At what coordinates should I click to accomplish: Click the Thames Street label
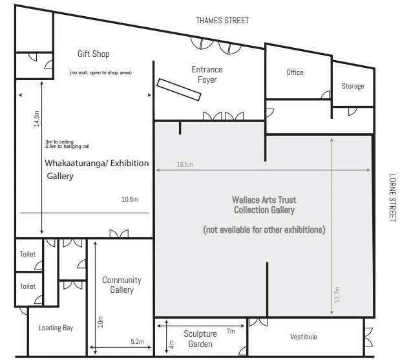click(x=222, y=21)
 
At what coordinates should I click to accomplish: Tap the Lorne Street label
click(x=392, y=198)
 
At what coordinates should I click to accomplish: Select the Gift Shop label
click(x=94, y=54)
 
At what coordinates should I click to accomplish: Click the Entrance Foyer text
click(x=207, y=74)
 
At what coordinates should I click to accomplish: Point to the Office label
click(x=295, y=72)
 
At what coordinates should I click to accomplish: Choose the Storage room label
click(x=353, y=86)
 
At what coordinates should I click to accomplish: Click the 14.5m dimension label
click(x=36, y=119)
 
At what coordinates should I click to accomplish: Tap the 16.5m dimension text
click(x=185, y=164)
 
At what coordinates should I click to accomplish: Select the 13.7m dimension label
click(x=337, y=295)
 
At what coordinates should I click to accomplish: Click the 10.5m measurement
click(x=130, y=199)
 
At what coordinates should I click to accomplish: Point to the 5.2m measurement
click(x=138, y=341)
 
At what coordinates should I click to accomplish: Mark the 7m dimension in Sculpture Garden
click(x=231, y=331)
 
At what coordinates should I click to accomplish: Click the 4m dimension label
click(x=171, y=344)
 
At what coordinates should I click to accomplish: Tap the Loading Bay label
click(x=56, y=328)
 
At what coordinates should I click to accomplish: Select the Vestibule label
click(x=304, y=337)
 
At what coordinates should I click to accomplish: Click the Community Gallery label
click(x=122, y=285)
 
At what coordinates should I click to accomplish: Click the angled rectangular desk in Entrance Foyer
click(x=179, y=89)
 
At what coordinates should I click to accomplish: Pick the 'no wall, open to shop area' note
click(x=101, y=72)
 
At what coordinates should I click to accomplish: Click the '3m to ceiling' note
click(x=59, y=142)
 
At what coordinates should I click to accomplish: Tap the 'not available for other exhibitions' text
click(x=264, y=229)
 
